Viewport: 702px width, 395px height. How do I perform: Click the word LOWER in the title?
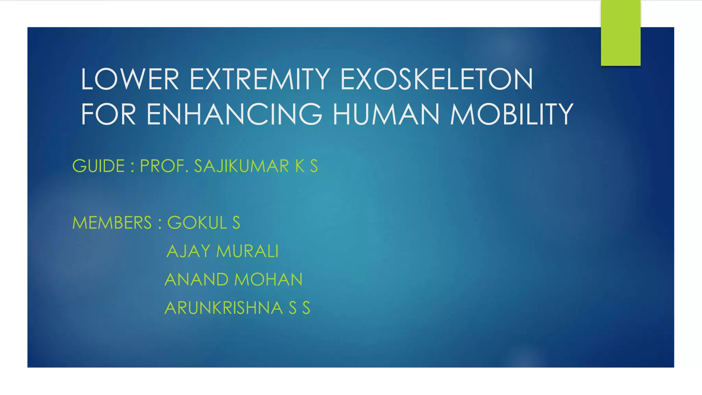pyautogui.click(x=130, y=79)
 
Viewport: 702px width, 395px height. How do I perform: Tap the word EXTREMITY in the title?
pyautogui.click(x=260, y=79)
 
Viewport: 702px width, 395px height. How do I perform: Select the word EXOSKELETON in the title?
pyautogui.click(x=437, y=79)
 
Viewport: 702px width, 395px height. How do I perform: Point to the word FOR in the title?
pyautogui.click(x=108, y=114)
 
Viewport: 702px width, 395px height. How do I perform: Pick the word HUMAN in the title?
pyautogui.click(x=386, y=114)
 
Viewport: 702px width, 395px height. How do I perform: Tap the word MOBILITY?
pyautogui.click(x=512, y=114)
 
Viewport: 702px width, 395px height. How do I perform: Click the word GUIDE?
pyautogui.click(x=98, y=166)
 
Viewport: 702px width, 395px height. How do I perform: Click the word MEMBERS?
pyautogui.click(x=112, y=223)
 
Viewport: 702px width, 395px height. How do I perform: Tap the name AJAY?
pyautogui.click(x=188, y=251)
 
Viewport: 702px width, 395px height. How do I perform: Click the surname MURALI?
pyautogui.click(x=247, y=251)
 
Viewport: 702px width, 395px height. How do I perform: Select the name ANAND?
pyautogui.click(x=196, y=280)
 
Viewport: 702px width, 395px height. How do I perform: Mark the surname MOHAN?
pyautogui.click(x=269, y=280)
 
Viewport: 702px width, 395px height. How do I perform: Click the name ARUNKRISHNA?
pyautogui.click(x=223, y=308)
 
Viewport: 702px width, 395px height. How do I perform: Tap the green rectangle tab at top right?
pyautogui.click(x=620, y=33)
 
